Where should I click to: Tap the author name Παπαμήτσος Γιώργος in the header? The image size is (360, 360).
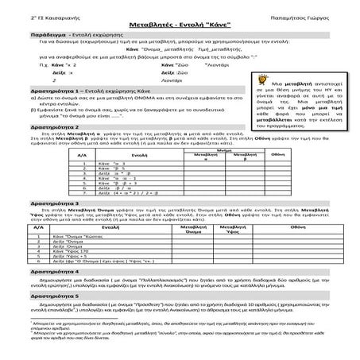312,14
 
